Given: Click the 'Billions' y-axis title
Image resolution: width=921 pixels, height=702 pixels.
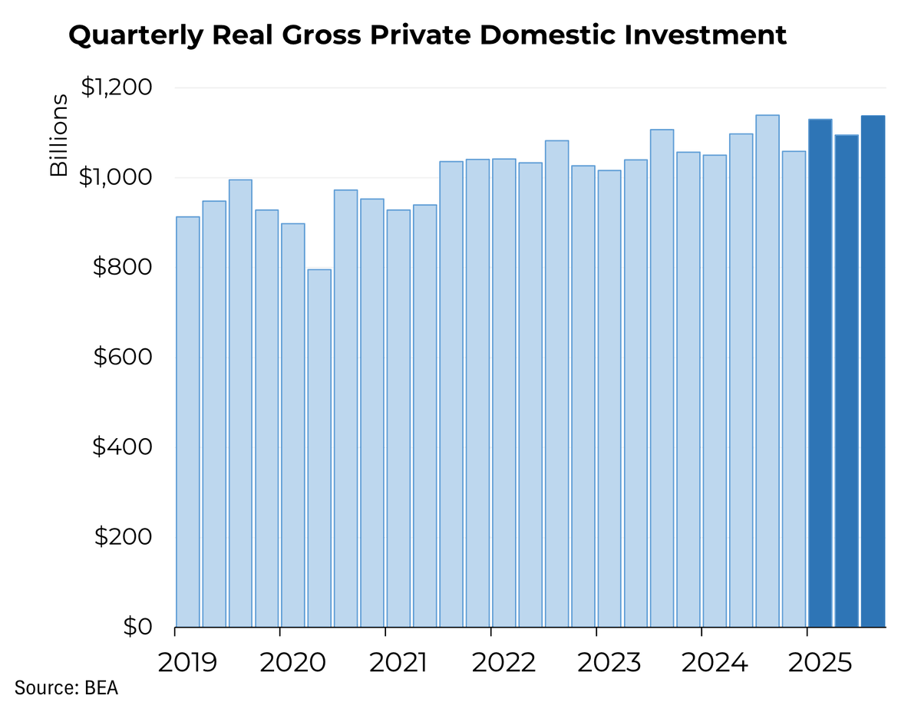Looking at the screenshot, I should pos(59,137).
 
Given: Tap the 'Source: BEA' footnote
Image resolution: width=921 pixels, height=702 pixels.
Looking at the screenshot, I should pos(66,687).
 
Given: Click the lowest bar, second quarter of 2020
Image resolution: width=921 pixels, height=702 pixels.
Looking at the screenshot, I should pos(319,448).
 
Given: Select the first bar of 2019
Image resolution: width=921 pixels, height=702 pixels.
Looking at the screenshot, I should pos(188,422).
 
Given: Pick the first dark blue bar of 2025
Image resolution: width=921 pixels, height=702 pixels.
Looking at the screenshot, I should pos(820,373).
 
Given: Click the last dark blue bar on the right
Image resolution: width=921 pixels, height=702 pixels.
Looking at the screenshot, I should pos(873,371).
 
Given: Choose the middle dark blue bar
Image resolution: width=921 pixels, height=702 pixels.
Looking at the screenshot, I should pos(847,381).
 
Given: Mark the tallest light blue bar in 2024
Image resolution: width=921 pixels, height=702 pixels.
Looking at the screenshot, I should pos(767,371).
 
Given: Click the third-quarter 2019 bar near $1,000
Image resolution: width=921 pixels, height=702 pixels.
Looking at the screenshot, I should pos(240,403).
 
